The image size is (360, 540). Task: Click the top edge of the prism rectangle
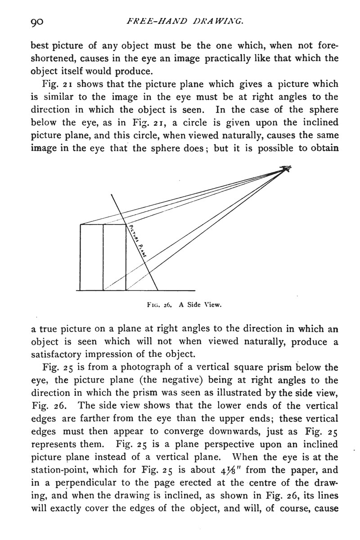[103, 224]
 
